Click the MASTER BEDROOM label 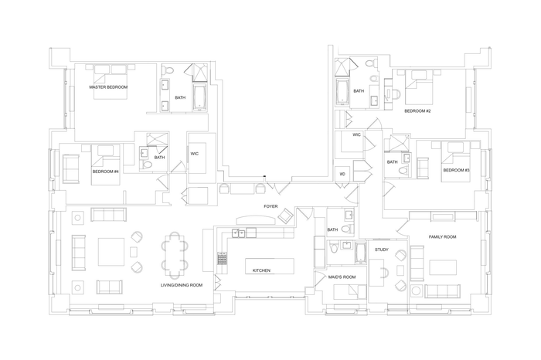pyautogui.click(x=108, y=87)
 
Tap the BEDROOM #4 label pyautogui.click(x=106, y=172)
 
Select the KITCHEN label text pyautogui.click(x=261, y=270)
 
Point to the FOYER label pyautogui.click(x=270, y=206)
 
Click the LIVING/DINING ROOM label pyautogui.click(x=182, y=285)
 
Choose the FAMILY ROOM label pyautogui.click(x=442, y=237)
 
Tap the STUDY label pyautogui.click(x=382, y=250)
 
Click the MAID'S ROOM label pyautogui.click(x=342, y=277)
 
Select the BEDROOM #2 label pyautogui.click(x=417, y=111)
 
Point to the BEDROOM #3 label pyautogui.click(x=457, y=170)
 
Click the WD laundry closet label pyautogui.click(x=342, y=174)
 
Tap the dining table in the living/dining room pyautogui.click(x=175, y=255)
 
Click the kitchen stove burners pyautogui.click(x=222, y=258)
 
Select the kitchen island pyautogui.click(x=270, y=266)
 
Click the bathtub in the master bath pyautogui.click(x=199, y=97)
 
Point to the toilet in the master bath pyautogui.click(x=169, y=70)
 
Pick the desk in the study pyautogui.click(x=377, y=273)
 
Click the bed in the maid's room pyautogui.click(x=350, y=292)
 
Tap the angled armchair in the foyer pyautogui.click(x=286, y=216)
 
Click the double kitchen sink pyautogui.click(x=238, y=233)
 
